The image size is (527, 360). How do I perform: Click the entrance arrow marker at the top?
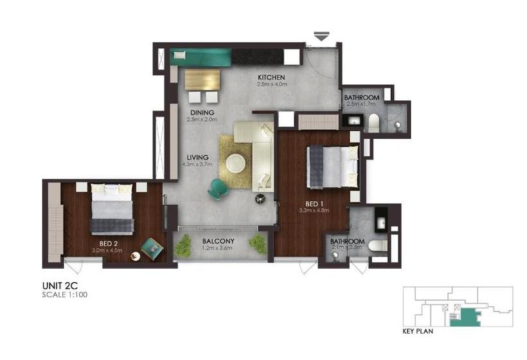(321, 37)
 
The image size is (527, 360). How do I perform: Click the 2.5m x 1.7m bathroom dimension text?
(361, 104)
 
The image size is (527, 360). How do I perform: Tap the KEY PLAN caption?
(417, 332)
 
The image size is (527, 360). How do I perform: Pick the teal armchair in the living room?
(217, 188)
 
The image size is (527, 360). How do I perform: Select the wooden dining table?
(202, 79)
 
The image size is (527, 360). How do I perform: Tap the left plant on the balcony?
(183, 246)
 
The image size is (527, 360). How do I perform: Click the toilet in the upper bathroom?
(373, 122)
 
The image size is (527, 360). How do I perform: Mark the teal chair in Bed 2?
(151, 247)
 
